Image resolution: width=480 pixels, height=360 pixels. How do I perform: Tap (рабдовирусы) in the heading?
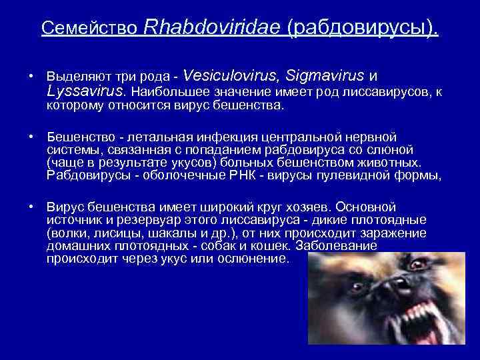[x=363, y=28]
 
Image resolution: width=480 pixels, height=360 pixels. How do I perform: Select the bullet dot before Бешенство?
[x=31, y=137]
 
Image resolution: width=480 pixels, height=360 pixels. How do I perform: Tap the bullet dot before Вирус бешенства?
[x=31, y=207]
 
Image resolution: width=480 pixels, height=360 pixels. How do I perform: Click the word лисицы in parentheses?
[x=110, y=233]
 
